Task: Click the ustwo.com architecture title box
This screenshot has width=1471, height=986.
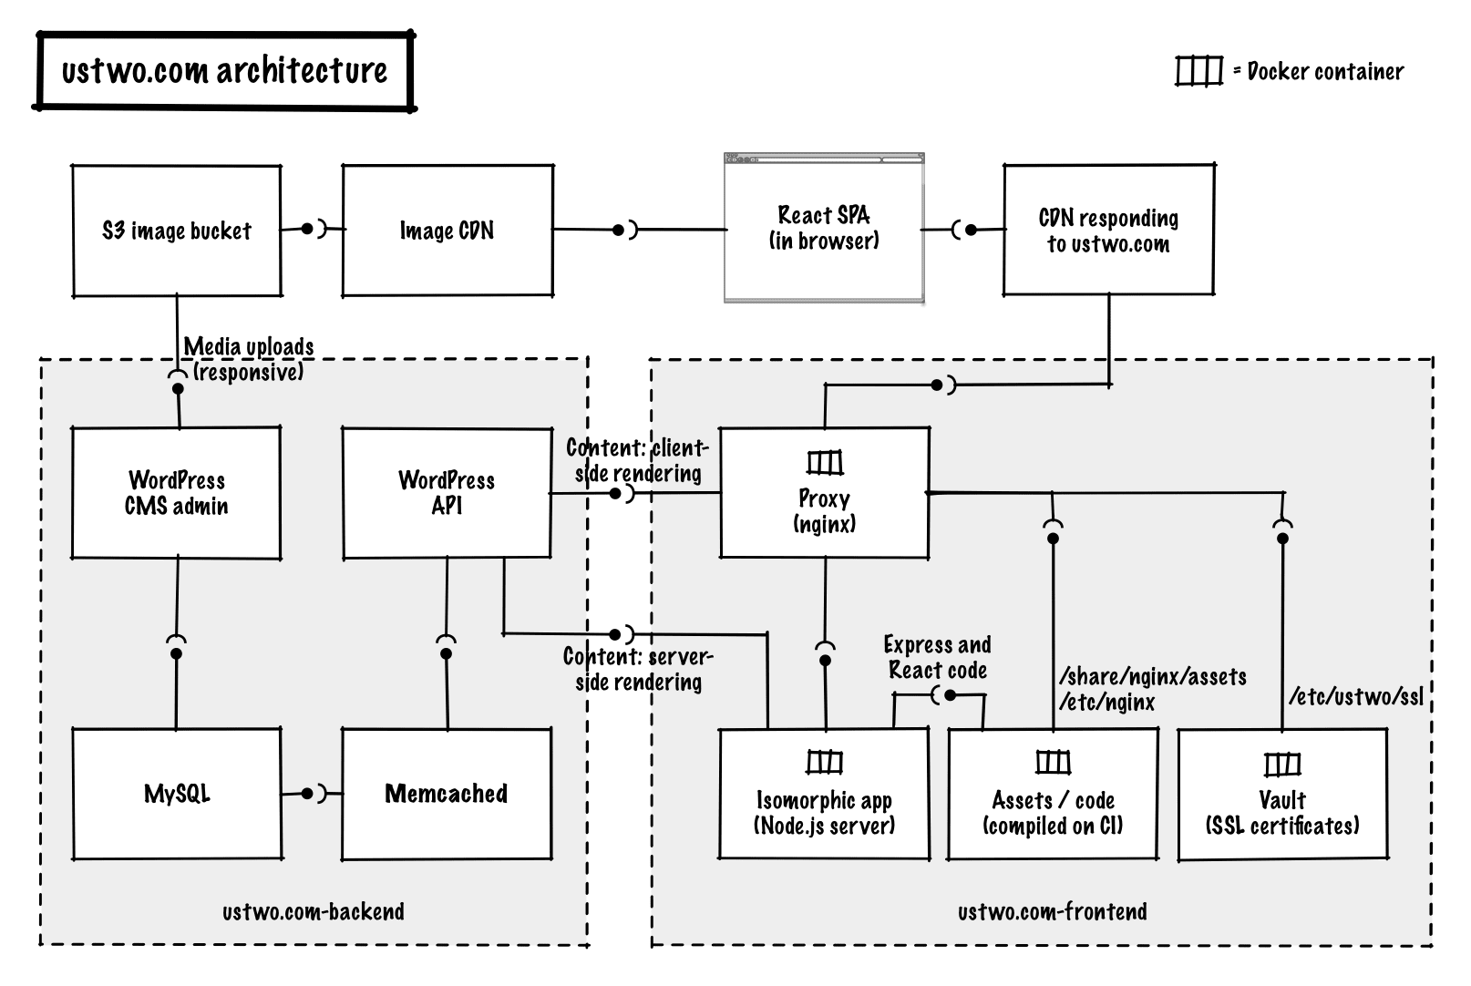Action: pyautogui.click(x=224, y=71)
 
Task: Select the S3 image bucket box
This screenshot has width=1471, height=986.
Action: pyautogui.click(x=177, y=231)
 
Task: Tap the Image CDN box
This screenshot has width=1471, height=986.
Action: pyautogui.click(x=447, y=231)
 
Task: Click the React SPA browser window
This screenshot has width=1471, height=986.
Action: pyautogui.click(x=824, y=228)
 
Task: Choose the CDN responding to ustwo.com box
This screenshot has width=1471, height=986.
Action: pyautogui.click(x=1108, y=231)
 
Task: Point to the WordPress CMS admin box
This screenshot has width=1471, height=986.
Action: pyautogui.click(x=177, y=493)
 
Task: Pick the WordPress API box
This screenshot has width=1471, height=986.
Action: pyautogui.click(x=447, y=493)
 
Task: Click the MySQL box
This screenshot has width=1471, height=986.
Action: pyautogui.click(x=177, y=793)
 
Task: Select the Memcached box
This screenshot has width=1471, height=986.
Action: pyautogui.click(x=447, y=793)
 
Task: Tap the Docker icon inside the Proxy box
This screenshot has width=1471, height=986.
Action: pyautogui.click(x=825, y=463)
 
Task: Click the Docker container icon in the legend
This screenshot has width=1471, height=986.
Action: pyautogui.click(x=1198, y=71)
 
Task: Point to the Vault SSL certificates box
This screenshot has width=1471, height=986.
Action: pyautogui.click(x=1282, y=795)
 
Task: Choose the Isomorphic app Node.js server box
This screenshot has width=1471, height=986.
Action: pyautogui.click(x=824, y=795)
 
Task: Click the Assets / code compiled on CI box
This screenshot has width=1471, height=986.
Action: pyautogui.click(x=1053, y=795)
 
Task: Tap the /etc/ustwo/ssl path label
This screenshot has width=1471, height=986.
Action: pyautogui.click(x=1355, y=697)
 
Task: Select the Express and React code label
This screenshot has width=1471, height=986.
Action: pyautogui.click(x=937, y=658)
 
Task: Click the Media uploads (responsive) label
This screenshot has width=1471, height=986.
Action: pyautogui.click(x=248, y=359)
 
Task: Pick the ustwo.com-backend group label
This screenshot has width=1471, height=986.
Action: pyautogui.click(x=313, y=911)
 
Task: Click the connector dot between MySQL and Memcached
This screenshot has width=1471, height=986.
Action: pyautogui.click(x=308, y=793)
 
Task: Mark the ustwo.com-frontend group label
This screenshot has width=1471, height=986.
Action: pyautogui.click(x=1052, y=911)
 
